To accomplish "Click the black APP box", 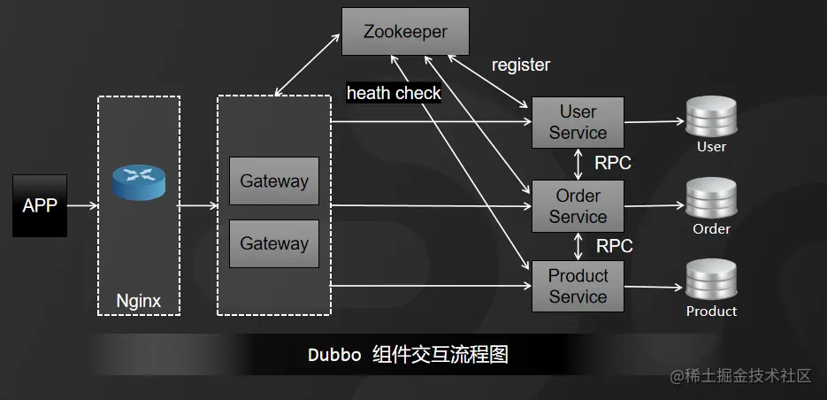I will pyautogui.click(x=39, y=205).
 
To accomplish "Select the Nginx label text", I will pyautogui.click(x=139, y=301).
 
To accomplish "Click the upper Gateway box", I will pyautogui.click(x=274, y=181).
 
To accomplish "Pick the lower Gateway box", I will pyautogui.click(x=274, y=243).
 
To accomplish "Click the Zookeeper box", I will pyautogui.click(x=405, y=32).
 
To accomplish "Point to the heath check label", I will pyautogui.click(x=394, y=93).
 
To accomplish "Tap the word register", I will pyautogui.click(x=521, y=65).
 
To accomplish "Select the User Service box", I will pyautogui.click(x=578, y=122).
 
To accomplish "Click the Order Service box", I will pyautogui.click(x=578, y=206).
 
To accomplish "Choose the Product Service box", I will pyautogui.click(x=578, y=286).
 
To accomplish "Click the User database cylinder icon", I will pyautogui.click(x=711, y=117).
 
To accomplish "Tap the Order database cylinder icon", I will pyautogui.click(x=711, y=199).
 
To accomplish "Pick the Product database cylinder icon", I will pyautogui.click(x=711, y=281).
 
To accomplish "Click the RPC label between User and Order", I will pyautogui.click(x=613, y=163).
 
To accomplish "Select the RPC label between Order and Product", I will pyautogui.click(x=614, y=246).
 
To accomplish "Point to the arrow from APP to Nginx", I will pyautogui.click(x=81, y=205).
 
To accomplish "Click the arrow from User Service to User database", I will pyautogui.click(x=655, y=122).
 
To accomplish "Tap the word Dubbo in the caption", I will pyautogui.click(x=334, y=355).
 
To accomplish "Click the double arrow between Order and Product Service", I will pyautogui.click(x=578, y=246).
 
